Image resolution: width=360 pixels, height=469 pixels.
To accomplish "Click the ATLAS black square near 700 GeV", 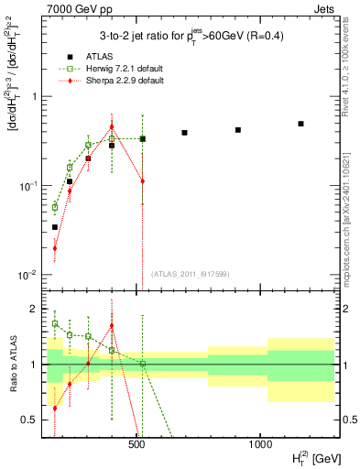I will coord(184,133).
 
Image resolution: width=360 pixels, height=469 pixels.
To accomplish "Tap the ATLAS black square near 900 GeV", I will coord(238,130).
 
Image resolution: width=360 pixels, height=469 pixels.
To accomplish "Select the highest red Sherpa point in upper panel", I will coord(112,127).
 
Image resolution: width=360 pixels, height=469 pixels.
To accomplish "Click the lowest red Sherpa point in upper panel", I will coord(55,247).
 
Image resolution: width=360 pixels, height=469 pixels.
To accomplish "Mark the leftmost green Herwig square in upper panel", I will coord(55,207).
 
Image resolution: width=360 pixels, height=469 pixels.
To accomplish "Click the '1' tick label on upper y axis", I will coord(34,96).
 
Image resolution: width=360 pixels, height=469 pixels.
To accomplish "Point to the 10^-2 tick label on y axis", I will coord(29,275).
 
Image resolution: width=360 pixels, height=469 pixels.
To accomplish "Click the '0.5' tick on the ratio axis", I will coord(29,420).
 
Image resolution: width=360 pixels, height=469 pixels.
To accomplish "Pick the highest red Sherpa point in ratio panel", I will coord(112,325).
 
